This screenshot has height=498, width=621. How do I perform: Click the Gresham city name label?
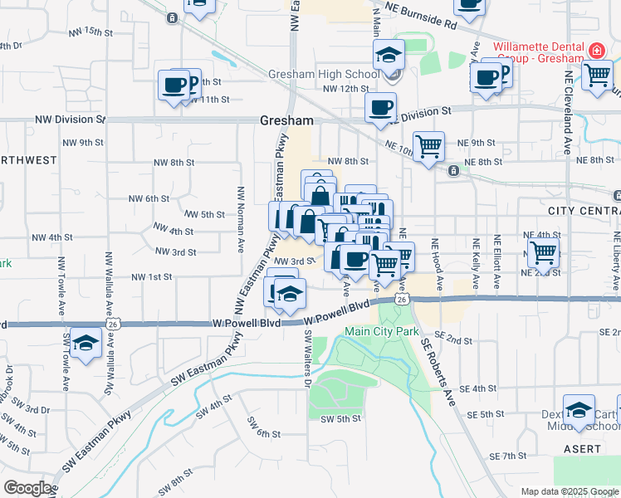[x=287, y=120]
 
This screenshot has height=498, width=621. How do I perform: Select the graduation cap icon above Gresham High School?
[x=388, y=56]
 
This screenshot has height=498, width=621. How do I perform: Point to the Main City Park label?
[x=382, y=332]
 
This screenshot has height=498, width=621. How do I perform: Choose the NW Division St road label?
[x=70, y=120]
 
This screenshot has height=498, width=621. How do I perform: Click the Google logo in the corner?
[x=27, y=487]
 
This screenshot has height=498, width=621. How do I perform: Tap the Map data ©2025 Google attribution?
[x=570, y=491]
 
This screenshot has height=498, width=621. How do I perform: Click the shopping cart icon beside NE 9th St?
[x=428, y=148]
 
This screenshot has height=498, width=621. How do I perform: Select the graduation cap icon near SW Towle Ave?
[x=86, y=344]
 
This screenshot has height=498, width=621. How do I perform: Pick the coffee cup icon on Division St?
[x=380, y=108]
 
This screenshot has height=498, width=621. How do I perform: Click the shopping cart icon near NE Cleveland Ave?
[x=596, y=75]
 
